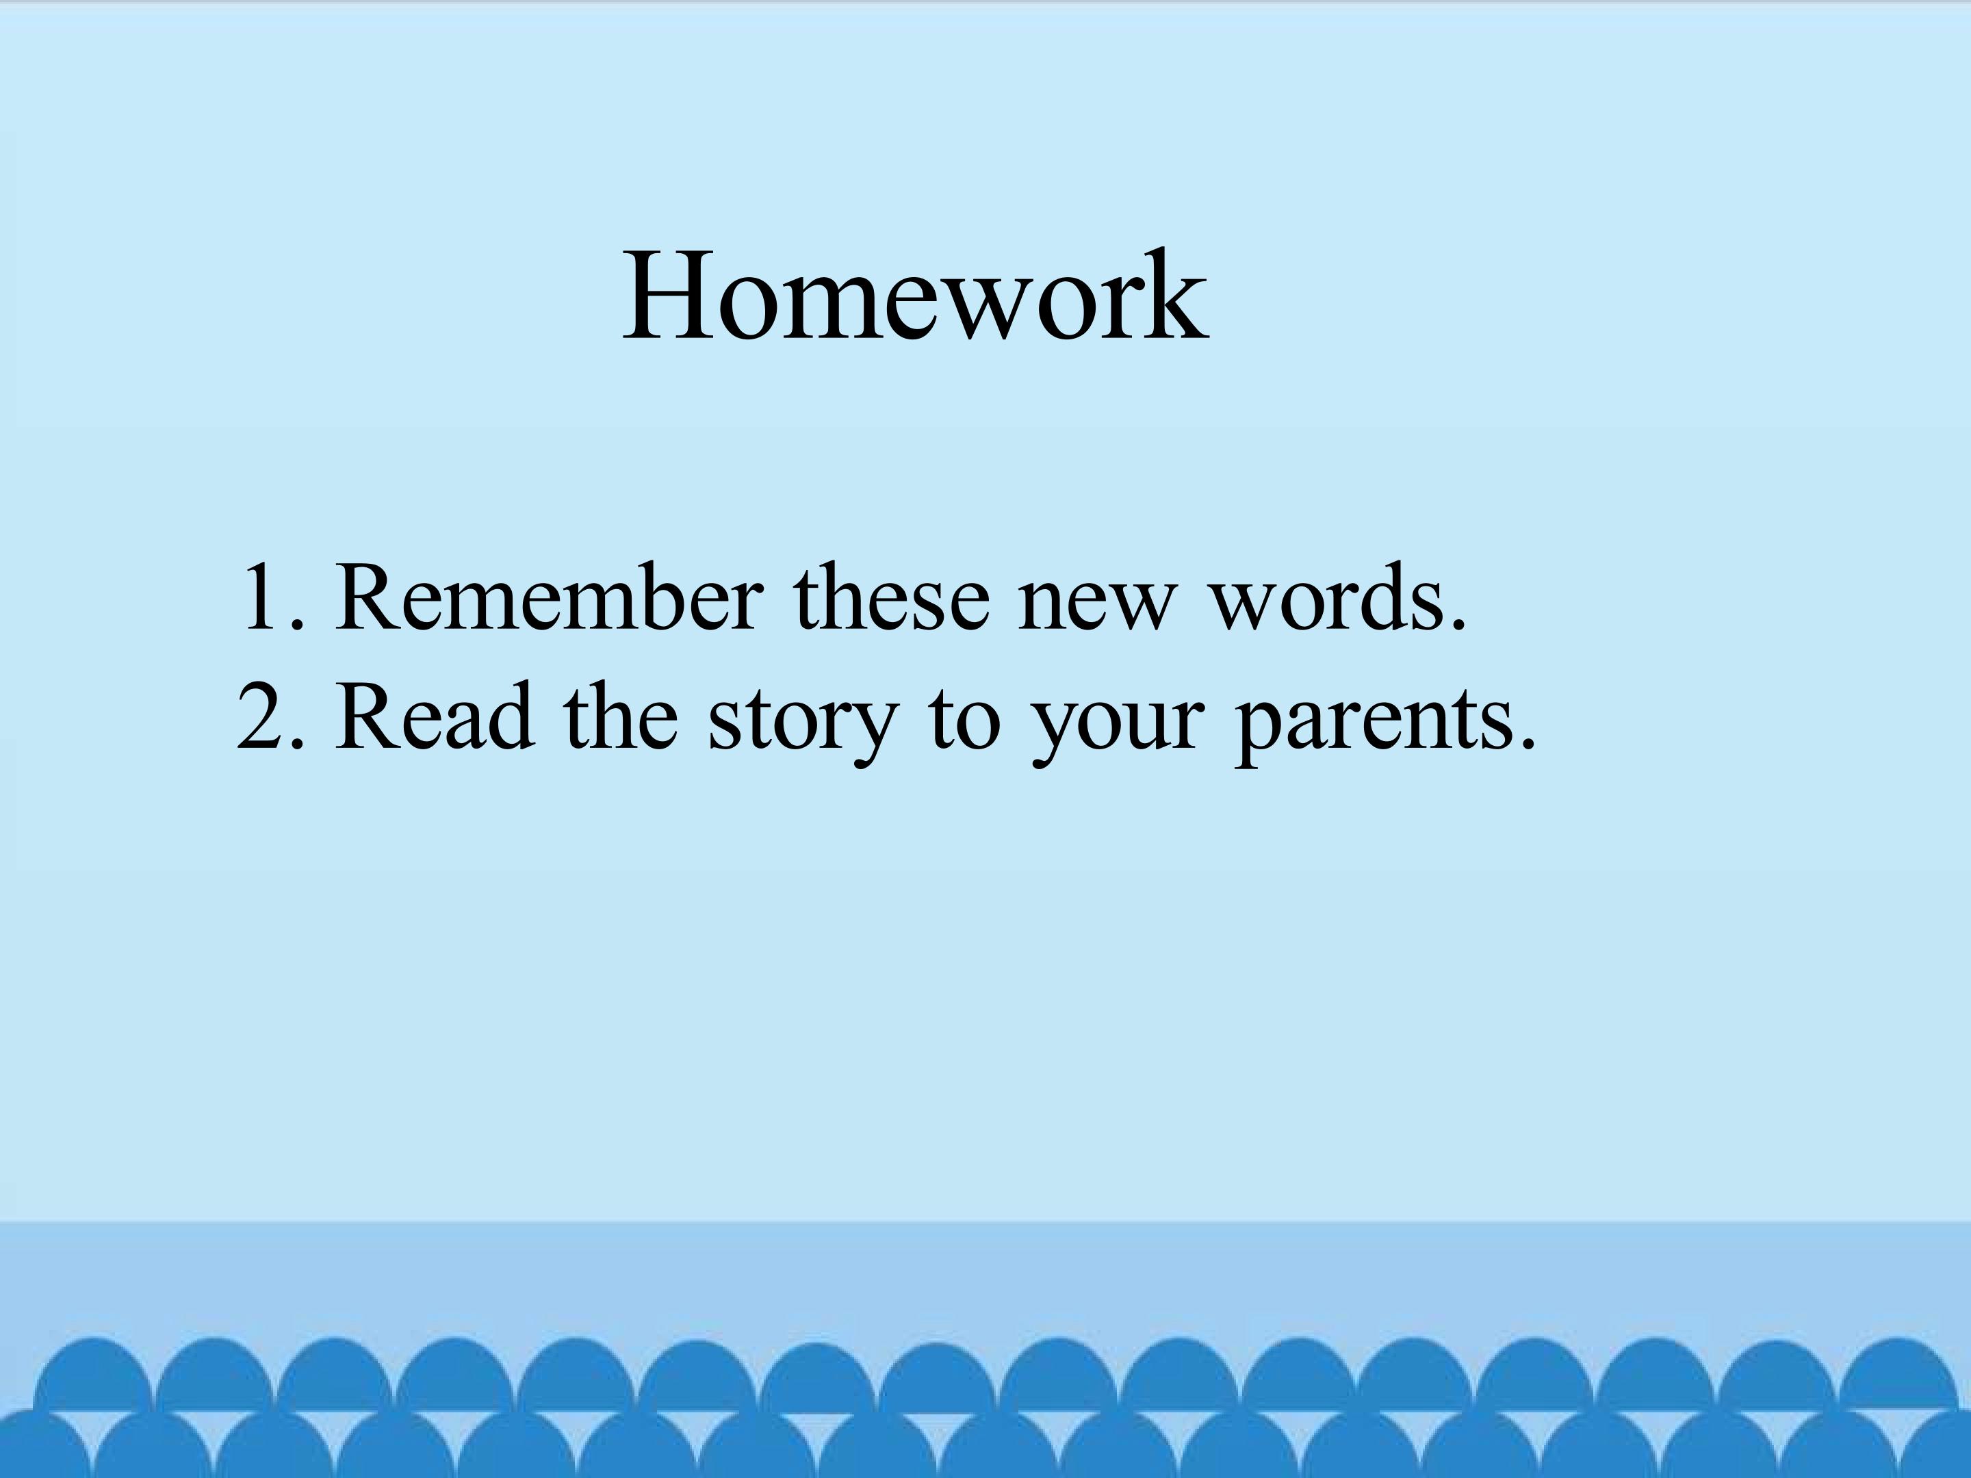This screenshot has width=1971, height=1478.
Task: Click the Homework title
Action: pyautogui.click(x=915, y=296)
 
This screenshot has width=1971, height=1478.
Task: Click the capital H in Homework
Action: pyautogui.click(x=661, y=296)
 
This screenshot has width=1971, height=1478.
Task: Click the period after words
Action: pyautogui.click(x=1457, y=625)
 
